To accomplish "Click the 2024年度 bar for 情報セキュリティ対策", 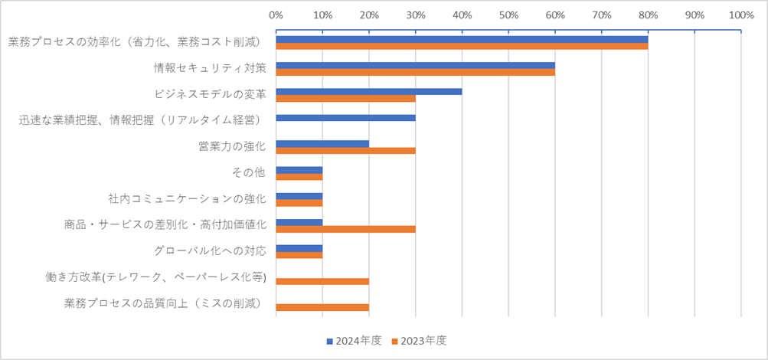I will tap(415, 65).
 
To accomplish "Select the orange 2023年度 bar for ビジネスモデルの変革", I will tap(345, 98).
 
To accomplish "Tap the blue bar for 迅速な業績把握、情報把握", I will tap(345, 118).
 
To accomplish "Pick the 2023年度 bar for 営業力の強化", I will tap(345, 151).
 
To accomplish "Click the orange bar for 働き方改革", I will tap(322, 281).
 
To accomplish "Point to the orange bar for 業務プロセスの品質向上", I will tap(322, 308).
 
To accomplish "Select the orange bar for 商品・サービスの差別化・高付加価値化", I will tap(345, 228).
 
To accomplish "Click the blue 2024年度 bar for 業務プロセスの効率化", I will tap(462, 39).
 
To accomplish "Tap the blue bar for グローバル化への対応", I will tap(299, 248).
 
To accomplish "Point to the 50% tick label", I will tap(508, 14).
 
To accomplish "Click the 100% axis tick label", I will tap(740, 14).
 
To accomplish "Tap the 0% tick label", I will tap(276, 14).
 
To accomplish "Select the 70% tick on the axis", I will tap(602, 14).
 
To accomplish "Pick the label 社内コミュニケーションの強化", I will tap(187, 198).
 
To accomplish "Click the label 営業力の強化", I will tap(231, 146).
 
